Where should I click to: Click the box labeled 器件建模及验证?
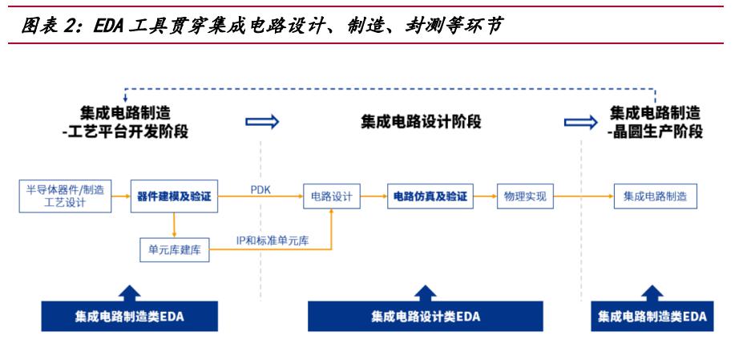pos(174,196)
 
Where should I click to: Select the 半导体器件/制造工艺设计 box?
pos(65,196)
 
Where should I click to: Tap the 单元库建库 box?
pos(174,250)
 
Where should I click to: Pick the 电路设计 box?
pos(331,196)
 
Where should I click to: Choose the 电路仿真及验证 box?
pos(430,196)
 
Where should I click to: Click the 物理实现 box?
pos(525,196)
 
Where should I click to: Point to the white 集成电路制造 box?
pos(656,196)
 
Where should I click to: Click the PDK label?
pos(260,190)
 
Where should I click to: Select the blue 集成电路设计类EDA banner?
pos(425,316)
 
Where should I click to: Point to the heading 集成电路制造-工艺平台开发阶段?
pos(125,122)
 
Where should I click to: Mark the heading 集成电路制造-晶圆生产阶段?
pos(655,122)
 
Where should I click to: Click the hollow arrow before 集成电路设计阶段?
pos(262,121)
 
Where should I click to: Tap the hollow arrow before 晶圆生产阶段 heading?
pos(581,121)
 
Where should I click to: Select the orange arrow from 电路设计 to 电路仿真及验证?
pos(373,196)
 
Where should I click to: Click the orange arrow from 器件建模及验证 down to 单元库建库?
pos(174,225)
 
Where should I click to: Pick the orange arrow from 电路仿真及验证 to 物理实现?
pos(485,196)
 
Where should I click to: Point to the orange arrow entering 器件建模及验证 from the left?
pos(121,196)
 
